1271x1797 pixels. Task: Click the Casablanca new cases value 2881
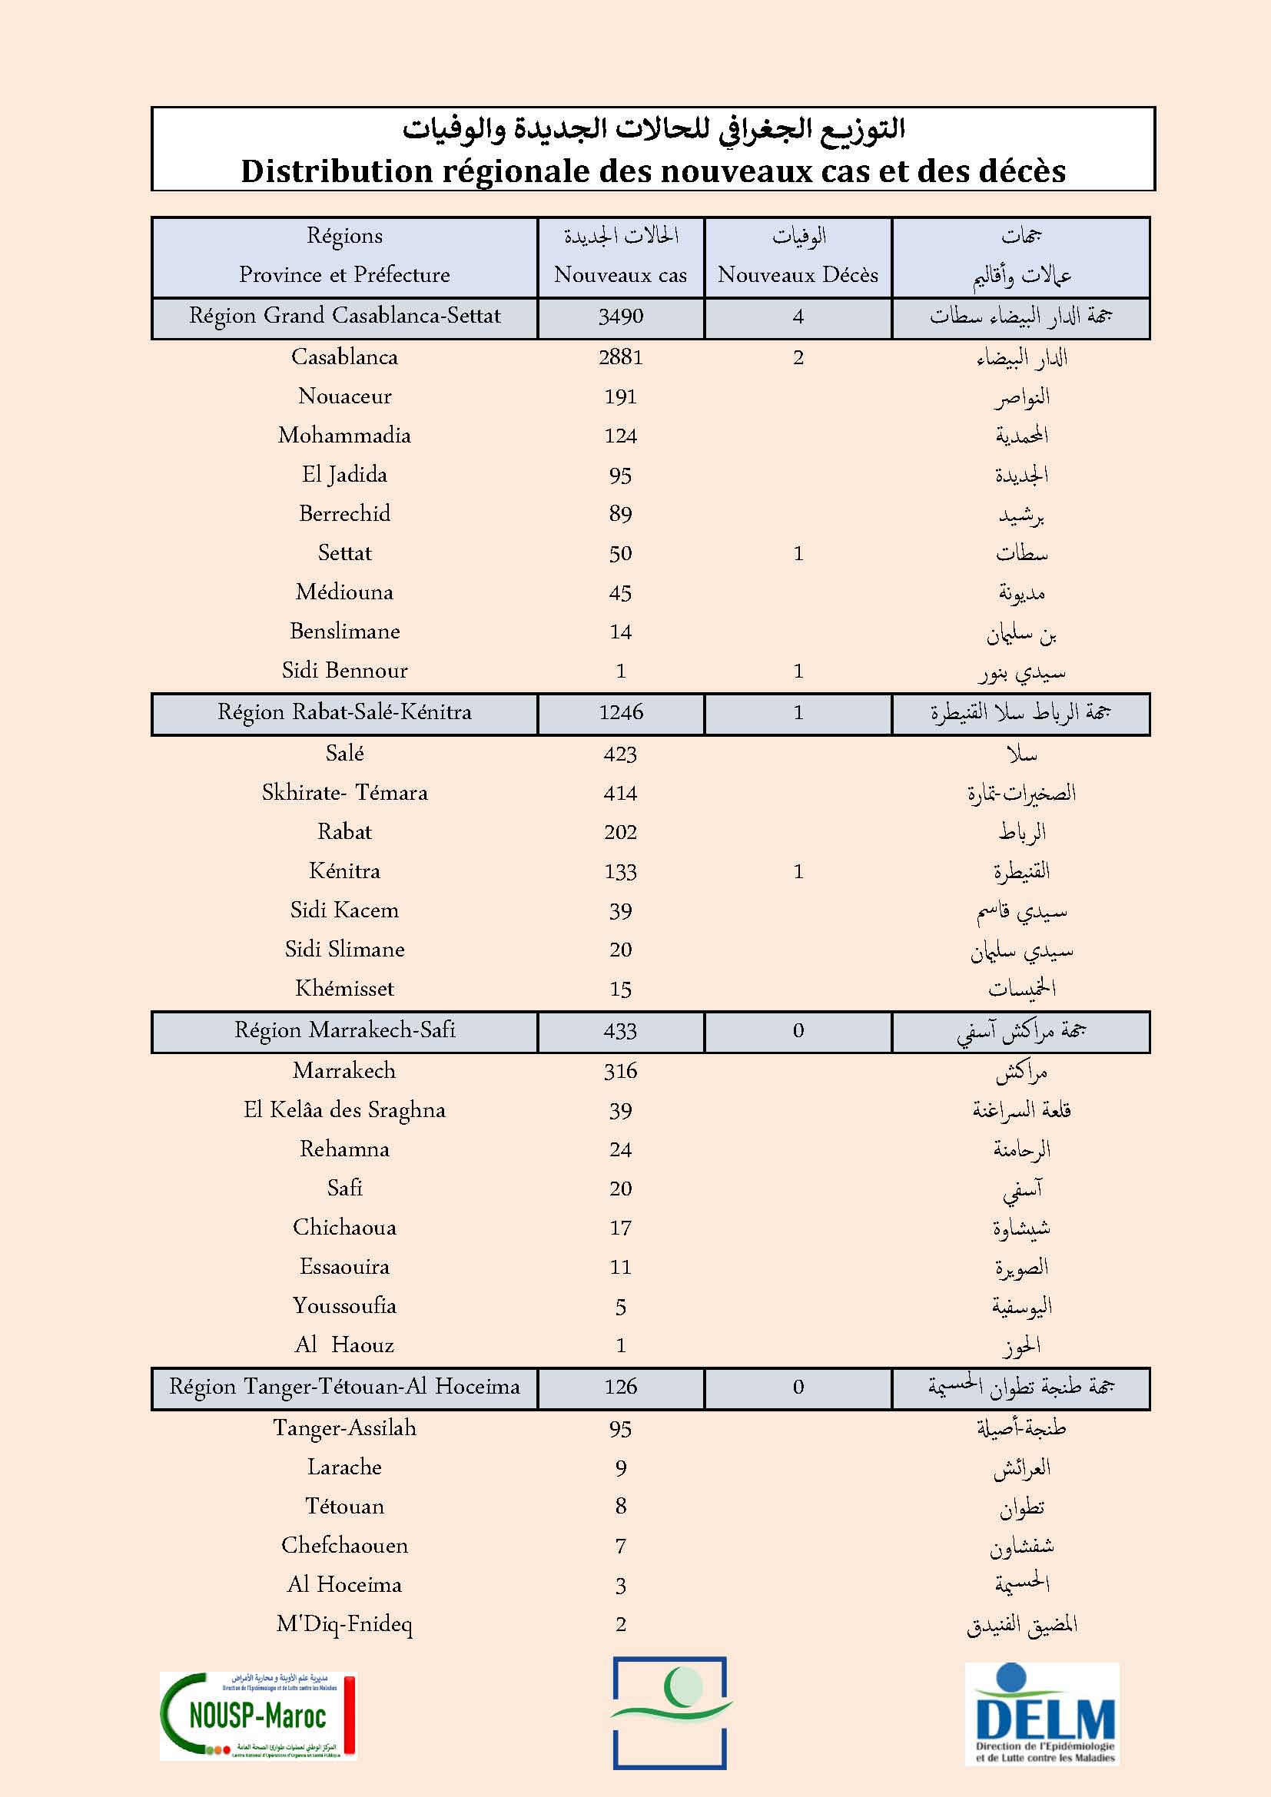620,358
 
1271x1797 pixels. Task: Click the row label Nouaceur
344,396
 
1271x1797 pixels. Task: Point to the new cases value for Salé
620,754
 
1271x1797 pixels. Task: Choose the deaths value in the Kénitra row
798,871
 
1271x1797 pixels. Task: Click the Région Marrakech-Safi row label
344,1030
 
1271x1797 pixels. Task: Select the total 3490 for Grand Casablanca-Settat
620,317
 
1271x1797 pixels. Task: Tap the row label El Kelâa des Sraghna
344,1110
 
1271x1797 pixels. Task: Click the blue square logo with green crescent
670,1712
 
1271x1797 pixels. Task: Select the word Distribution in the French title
337,171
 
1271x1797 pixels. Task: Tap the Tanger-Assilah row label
344,1427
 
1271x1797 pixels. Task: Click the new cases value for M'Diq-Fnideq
620,1624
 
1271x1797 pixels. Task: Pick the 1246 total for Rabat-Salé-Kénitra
620,712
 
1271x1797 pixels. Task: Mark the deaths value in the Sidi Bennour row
798,671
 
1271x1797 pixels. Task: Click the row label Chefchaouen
344,1545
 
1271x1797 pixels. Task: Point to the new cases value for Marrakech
620,1071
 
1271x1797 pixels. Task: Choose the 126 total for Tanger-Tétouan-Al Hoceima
620,1387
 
